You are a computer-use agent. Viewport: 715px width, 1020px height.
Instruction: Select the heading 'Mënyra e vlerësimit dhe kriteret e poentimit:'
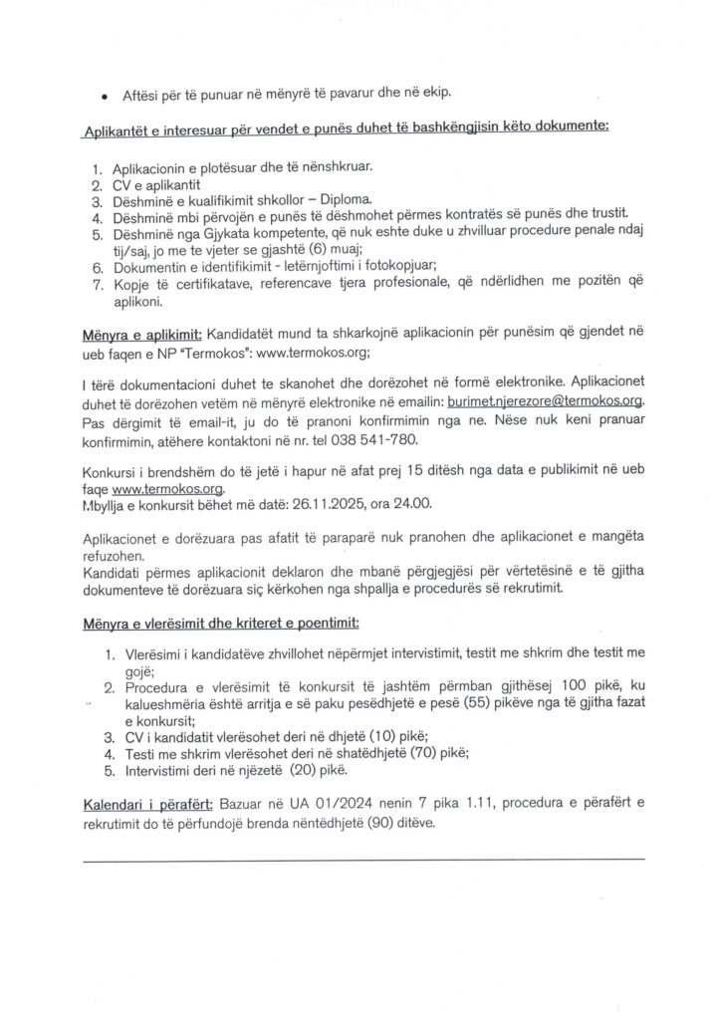pos(219,624)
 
